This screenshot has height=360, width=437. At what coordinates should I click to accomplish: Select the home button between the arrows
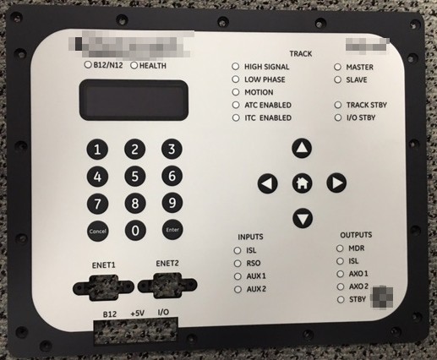302,183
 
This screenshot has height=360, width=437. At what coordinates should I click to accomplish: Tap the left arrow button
267,183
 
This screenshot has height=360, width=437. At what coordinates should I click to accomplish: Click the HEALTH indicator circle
134,65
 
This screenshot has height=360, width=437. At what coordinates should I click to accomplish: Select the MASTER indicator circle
338,66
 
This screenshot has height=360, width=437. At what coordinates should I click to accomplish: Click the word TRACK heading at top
300,52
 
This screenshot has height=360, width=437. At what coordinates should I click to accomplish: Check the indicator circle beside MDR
339,248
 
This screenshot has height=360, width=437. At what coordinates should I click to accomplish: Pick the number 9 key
172,203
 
